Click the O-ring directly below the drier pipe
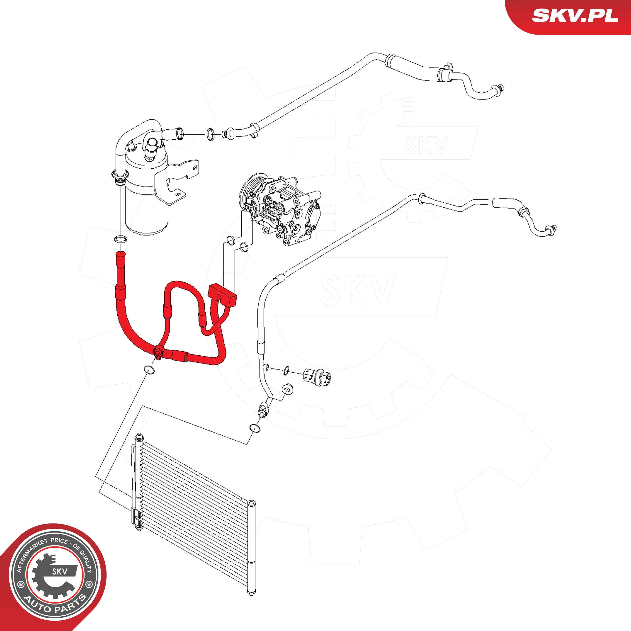(120, 239)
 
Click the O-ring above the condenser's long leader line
(255, 428)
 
